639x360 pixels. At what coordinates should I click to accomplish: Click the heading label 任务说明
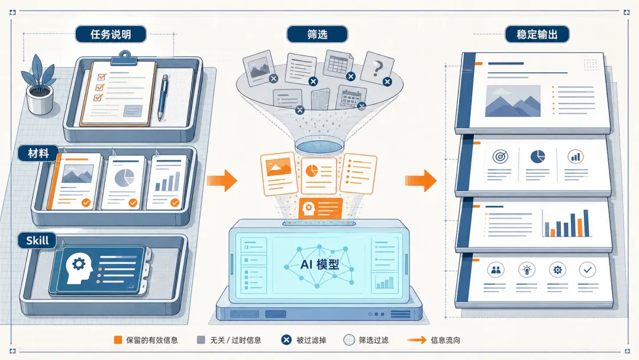(111, 34)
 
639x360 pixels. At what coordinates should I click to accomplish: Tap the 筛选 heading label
(317, 34)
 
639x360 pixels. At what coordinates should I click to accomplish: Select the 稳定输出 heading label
(537, 34)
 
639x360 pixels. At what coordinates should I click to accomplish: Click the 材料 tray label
(38, 153)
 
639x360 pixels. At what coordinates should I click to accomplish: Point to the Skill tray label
(37, 240)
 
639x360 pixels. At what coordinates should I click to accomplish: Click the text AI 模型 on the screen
(319, 265)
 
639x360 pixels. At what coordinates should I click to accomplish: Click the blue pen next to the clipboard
(163, 97)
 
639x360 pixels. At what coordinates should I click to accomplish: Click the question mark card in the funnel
(377, 69)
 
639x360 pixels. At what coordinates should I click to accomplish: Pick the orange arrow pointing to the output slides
(421, 181)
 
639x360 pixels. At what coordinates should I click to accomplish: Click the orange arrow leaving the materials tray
(222, 181)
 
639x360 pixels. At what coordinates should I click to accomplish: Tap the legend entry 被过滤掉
(304, 340)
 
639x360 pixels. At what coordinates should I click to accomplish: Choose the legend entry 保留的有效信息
(146, 340)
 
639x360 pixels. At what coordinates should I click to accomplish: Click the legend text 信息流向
(446, 340)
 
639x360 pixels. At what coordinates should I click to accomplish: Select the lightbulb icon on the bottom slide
(527, 270)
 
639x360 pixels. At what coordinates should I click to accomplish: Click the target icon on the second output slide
(501, 156)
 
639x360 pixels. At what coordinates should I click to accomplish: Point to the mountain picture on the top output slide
(512, 101)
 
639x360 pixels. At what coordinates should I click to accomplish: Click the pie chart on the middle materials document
(125, 178)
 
